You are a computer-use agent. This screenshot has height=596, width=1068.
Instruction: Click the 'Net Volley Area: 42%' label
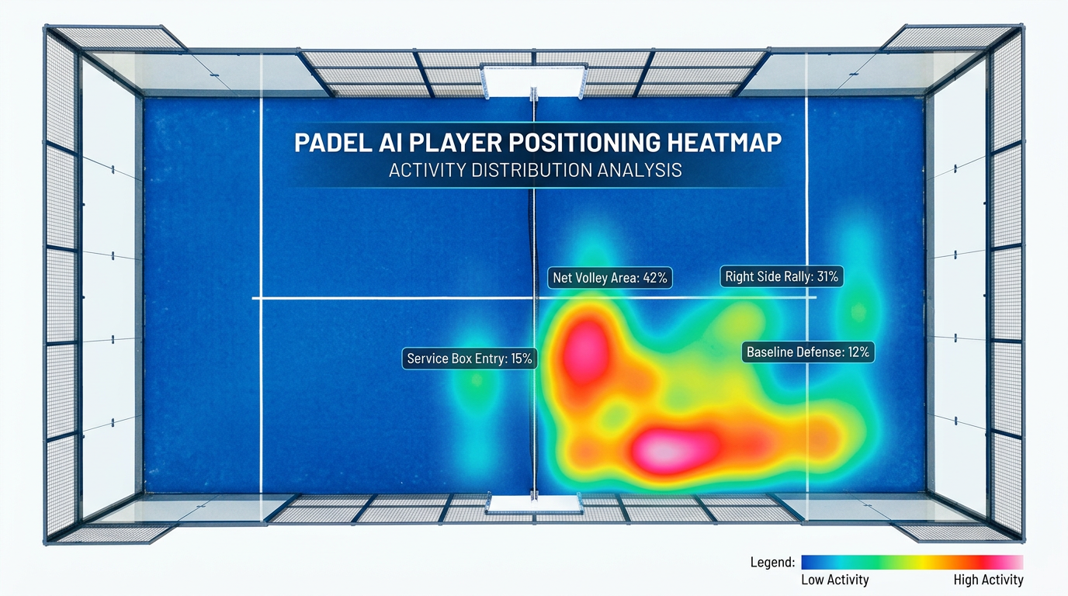609,277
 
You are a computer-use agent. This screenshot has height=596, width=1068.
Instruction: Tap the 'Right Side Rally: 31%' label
781,275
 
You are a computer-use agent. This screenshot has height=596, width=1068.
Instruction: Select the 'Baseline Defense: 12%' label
808,352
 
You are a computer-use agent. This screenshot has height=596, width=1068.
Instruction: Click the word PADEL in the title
331,144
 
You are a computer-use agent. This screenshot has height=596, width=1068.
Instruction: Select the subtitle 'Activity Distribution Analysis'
535,170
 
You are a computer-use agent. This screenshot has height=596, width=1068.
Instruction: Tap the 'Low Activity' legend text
834,580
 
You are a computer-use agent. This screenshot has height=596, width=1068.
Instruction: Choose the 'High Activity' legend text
988,580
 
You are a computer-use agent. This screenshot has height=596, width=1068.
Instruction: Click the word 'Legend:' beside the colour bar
772,562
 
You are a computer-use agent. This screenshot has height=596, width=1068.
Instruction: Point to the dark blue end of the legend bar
811,562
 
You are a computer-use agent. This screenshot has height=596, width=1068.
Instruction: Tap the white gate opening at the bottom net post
533,504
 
